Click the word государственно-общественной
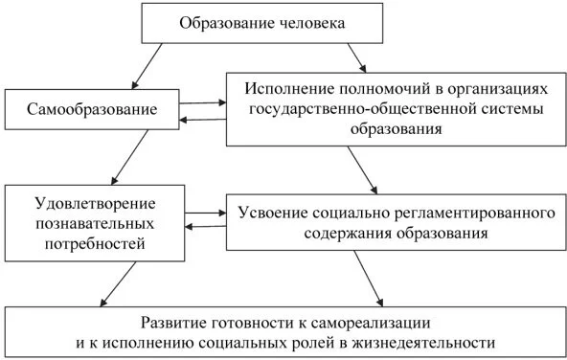[334, 108]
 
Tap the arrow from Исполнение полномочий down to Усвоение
[363, 169]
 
